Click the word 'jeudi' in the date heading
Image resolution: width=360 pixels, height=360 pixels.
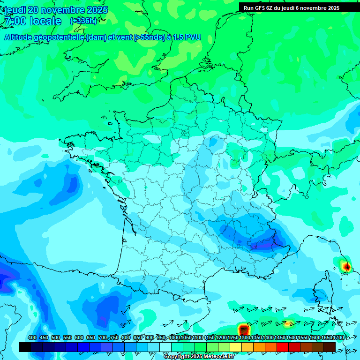(15, 10)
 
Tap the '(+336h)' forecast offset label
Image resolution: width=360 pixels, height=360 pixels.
(83, 21)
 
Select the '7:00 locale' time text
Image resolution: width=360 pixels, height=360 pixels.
(33, 21)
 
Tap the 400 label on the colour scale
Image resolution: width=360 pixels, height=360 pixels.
(32, 337)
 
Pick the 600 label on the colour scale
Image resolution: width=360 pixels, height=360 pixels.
(79, 337)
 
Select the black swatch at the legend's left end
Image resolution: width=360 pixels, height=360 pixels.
(25, 347)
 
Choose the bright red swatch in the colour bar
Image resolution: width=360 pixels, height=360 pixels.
(283, 347)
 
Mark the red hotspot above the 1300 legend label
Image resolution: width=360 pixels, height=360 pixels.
(243, 329)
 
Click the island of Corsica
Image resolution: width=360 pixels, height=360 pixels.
(322, 291)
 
